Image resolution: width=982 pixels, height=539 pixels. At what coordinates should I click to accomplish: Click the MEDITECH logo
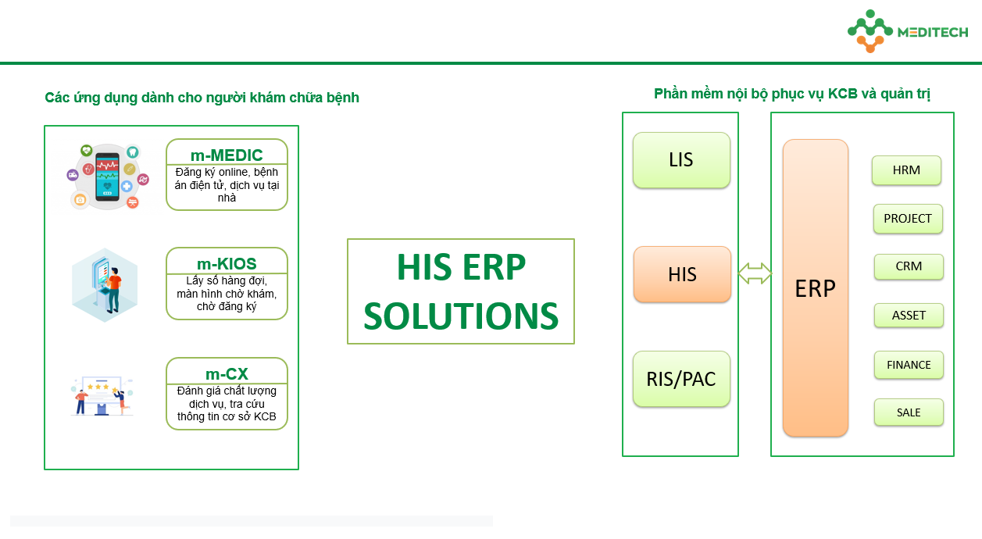908,31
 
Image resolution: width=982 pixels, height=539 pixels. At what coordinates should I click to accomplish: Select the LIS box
681,160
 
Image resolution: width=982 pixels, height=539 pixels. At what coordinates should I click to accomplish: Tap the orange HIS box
682,274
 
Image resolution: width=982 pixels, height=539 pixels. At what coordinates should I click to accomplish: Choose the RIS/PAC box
681,379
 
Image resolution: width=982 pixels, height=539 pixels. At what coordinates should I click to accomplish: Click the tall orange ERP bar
816,288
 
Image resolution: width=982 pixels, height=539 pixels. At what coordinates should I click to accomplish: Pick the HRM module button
906,170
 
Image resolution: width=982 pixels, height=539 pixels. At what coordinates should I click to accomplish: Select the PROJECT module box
908,218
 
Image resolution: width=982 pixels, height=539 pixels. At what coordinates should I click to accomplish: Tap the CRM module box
909,266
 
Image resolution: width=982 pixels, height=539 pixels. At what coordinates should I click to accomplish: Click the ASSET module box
909,316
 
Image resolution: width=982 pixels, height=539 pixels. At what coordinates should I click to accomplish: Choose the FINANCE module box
909,365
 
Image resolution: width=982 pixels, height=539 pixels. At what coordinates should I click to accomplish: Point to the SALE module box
909,412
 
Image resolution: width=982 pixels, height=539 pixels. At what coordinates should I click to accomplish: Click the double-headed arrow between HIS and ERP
755,273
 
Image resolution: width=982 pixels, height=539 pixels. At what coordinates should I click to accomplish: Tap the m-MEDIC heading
227,155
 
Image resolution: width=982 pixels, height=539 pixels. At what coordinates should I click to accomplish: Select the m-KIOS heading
227,264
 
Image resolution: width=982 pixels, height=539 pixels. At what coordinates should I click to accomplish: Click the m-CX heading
227,374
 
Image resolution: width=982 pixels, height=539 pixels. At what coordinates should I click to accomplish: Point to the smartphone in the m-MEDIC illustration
107,177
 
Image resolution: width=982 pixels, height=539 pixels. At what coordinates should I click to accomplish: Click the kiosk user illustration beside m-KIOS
105,285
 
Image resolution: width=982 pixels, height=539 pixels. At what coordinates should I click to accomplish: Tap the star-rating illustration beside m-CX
102,396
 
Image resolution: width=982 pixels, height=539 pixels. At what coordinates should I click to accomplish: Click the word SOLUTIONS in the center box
461,316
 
